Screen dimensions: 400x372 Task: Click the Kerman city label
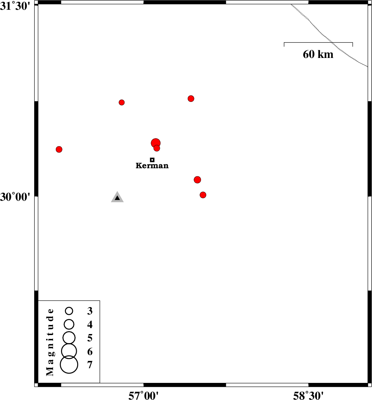152,166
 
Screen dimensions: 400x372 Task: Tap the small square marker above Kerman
152,160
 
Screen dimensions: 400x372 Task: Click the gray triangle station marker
117,198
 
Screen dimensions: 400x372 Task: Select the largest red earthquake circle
156,143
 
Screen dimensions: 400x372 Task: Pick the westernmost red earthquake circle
59,149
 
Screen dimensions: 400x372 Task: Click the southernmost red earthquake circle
203,195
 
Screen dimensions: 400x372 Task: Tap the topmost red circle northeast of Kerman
191,98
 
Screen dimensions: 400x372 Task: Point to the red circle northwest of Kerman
121,102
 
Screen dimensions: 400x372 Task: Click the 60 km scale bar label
318,54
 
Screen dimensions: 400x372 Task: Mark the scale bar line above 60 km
318,43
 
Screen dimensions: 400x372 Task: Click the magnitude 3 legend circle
69,311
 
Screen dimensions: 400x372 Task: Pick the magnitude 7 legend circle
69,364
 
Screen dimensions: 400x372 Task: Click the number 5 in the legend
90,338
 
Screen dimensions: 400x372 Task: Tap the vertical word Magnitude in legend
51,342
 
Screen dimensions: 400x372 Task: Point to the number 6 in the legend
90,351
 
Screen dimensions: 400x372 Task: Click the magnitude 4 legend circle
69,324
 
